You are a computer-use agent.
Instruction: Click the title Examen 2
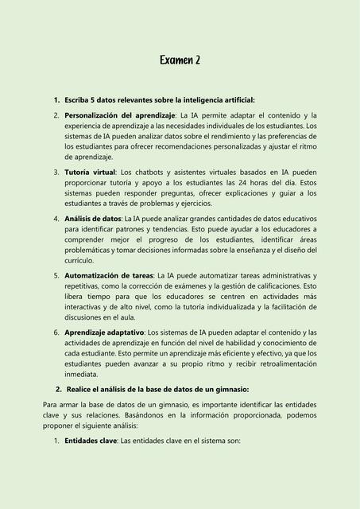click(180, 60)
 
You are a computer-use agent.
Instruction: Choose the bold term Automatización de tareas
click(109, 275)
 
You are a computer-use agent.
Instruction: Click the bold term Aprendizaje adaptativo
click(104, 332)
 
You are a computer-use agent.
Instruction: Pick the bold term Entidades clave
click(91, 440)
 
